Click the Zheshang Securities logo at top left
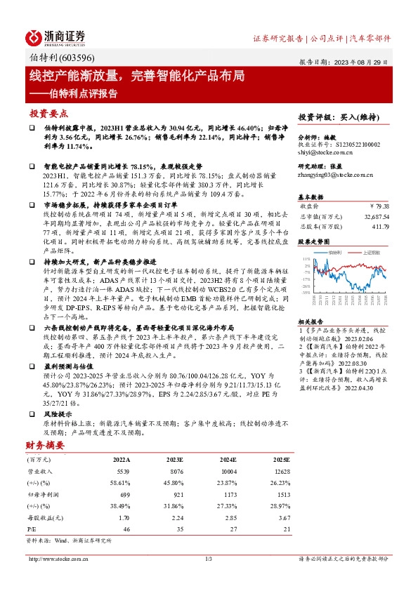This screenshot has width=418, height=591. [x=56, y=37]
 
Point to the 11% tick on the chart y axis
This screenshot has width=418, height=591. [x=306, y=259]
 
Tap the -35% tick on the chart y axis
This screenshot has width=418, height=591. [x=306, y=293]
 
